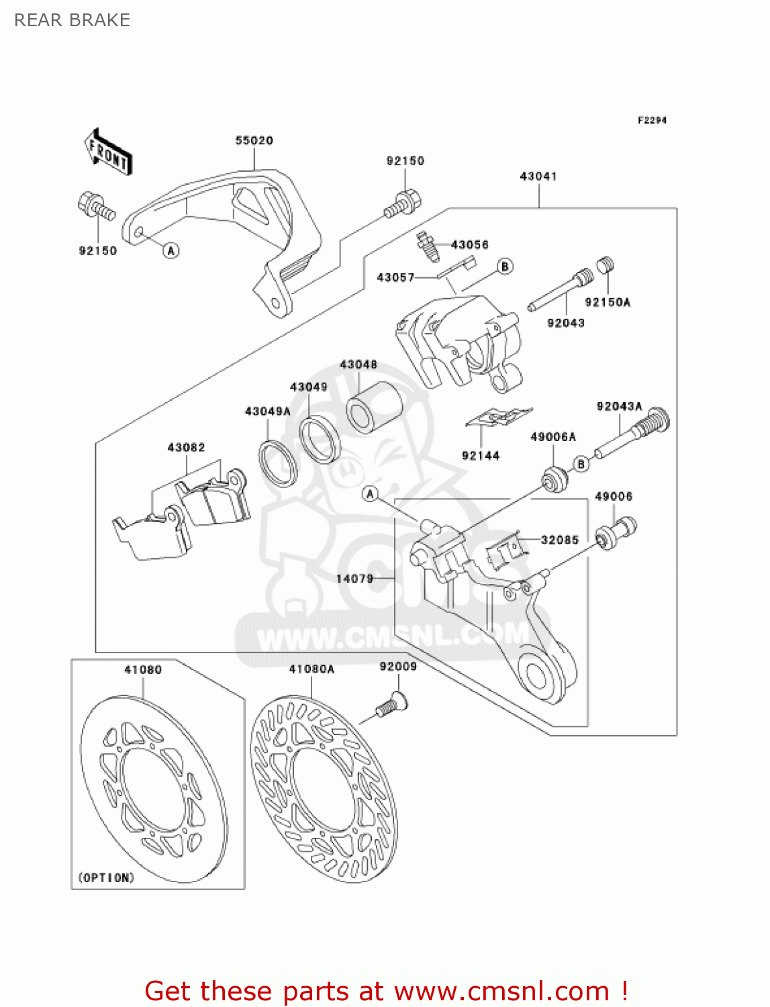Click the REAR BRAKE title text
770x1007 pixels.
(x=72, y=20)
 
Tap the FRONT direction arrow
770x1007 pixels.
(x=108, y=153)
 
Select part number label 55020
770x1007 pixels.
(x=254, y=140)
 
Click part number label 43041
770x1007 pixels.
(x=538, y=176)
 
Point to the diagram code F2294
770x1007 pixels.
(x=652, y=120)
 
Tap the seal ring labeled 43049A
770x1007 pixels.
(x=278, y=463)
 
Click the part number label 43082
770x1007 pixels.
(x=186, y=447)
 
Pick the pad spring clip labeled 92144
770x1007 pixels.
(x=499, y=417)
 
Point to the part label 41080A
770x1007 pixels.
(x=311, y=669)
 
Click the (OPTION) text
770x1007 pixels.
(x=106, y=877)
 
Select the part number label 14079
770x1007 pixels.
(x=354, y=578)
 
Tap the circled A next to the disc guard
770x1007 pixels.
(x=172, y=250)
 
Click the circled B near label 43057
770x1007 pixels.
(x=505, y=267)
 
